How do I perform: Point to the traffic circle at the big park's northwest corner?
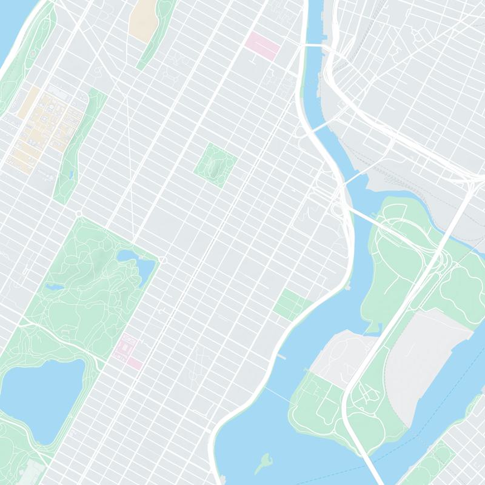click(x=79, y=213)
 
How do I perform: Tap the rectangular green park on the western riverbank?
click(x=291, y=303)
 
